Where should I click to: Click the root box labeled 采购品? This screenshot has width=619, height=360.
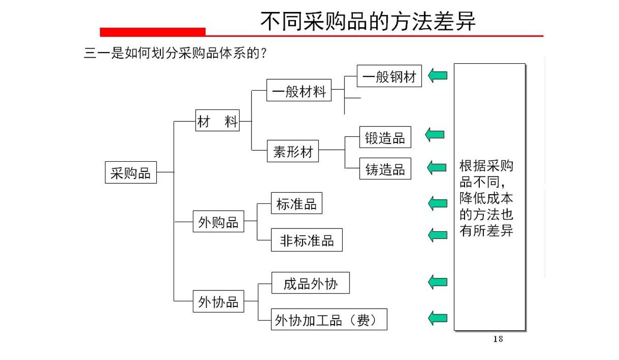pyautogui.click(x=131, y=173)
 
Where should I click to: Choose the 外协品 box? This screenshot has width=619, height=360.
pyautogui.click(x=218, y=301)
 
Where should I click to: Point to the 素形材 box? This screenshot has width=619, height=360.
pyautogui.click(x=293, y=152)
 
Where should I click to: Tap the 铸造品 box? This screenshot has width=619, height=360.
pyautogui.click(x=385, y=169)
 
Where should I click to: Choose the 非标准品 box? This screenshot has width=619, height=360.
pyautogui.click(x=307, y=239)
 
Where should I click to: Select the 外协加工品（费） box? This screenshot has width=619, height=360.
pyautogui.click(x=329, y=319)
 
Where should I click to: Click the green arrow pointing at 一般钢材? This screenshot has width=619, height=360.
pyautogui.click(x=438, y=75)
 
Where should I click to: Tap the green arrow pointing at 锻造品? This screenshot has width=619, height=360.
pyautogui.click(x=435, y=134)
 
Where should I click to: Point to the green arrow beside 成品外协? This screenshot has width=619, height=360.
pyautogui.click(x=438, y=282)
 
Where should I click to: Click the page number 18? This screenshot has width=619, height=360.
pyautogui.click(x=498, y=339)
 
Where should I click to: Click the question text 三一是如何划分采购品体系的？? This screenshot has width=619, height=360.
pyautogui.click(x=175, y=53)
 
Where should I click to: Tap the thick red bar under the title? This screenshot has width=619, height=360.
pyautogui.click(x=153, y=32)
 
